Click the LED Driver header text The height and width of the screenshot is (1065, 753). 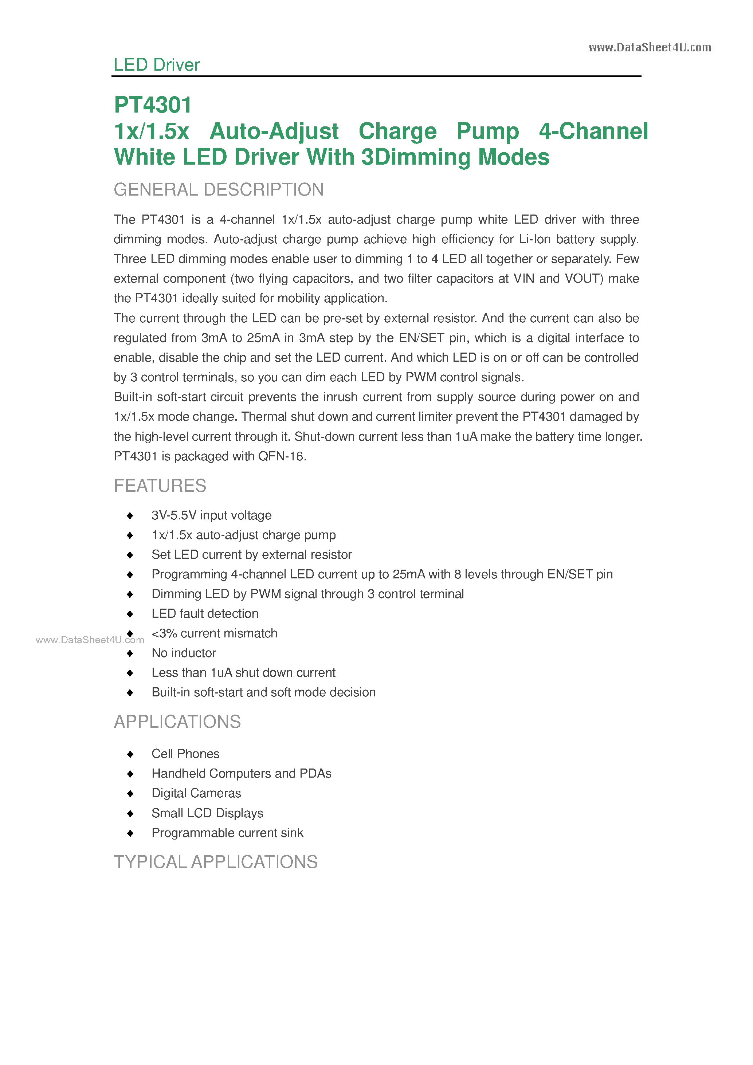(x=156, y=65)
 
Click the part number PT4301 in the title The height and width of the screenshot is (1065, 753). (x=153, y=105)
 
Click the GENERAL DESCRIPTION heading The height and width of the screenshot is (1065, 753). (x=219, y=190)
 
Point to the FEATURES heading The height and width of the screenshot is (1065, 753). (x=160, y=486)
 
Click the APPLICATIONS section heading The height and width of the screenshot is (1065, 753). (x=177, y=722)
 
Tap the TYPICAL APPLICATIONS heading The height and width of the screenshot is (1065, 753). (x=216, y=862)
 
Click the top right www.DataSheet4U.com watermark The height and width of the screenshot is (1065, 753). (x=650, y=48)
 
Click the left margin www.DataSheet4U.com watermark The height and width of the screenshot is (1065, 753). (x=90, y=640)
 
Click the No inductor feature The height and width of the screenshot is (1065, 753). (x=184, y=653)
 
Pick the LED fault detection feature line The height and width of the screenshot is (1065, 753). (x=205, y=614)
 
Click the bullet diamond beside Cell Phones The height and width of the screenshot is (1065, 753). (x=130, y=754)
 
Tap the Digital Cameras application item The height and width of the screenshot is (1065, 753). (x=196, y=793)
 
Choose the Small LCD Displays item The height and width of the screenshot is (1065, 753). (x=207, y=813)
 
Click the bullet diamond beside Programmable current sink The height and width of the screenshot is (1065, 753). (x=130, y=833)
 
